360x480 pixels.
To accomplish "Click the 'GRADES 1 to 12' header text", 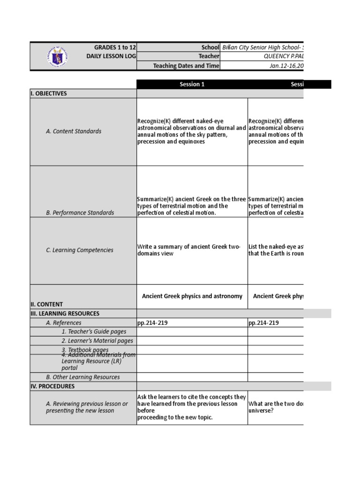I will click(x=115, y=47).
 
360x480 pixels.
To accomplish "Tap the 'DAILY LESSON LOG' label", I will click(x=111, y=56).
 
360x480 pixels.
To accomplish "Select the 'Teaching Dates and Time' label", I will click(x=186, y=66).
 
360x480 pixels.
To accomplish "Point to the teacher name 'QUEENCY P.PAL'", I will click(x=284, y=56).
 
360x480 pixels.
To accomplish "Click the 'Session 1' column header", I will click(x=192, y=84).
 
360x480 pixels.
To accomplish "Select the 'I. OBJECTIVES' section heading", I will click(x=49, y=93).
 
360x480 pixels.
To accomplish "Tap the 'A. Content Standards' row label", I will click(x=74, y=131).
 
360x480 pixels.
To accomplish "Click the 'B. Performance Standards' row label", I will click(x=80, y=212).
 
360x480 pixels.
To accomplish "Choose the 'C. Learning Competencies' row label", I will click(x=79, y=250).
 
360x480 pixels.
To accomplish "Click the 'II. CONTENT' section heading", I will click(x=46, y=304).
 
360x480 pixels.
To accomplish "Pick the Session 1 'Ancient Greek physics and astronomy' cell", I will click(x=192, y=296).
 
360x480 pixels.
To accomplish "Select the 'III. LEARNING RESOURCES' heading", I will click(x=65, y=314).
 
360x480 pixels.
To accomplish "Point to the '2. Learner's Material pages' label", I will click(x=97, y=341).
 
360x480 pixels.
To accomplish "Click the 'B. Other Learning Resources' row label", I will click(x=82, y=377).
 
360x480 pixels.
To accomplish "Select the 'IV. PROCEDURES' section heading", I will click(x=52, y=386).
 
